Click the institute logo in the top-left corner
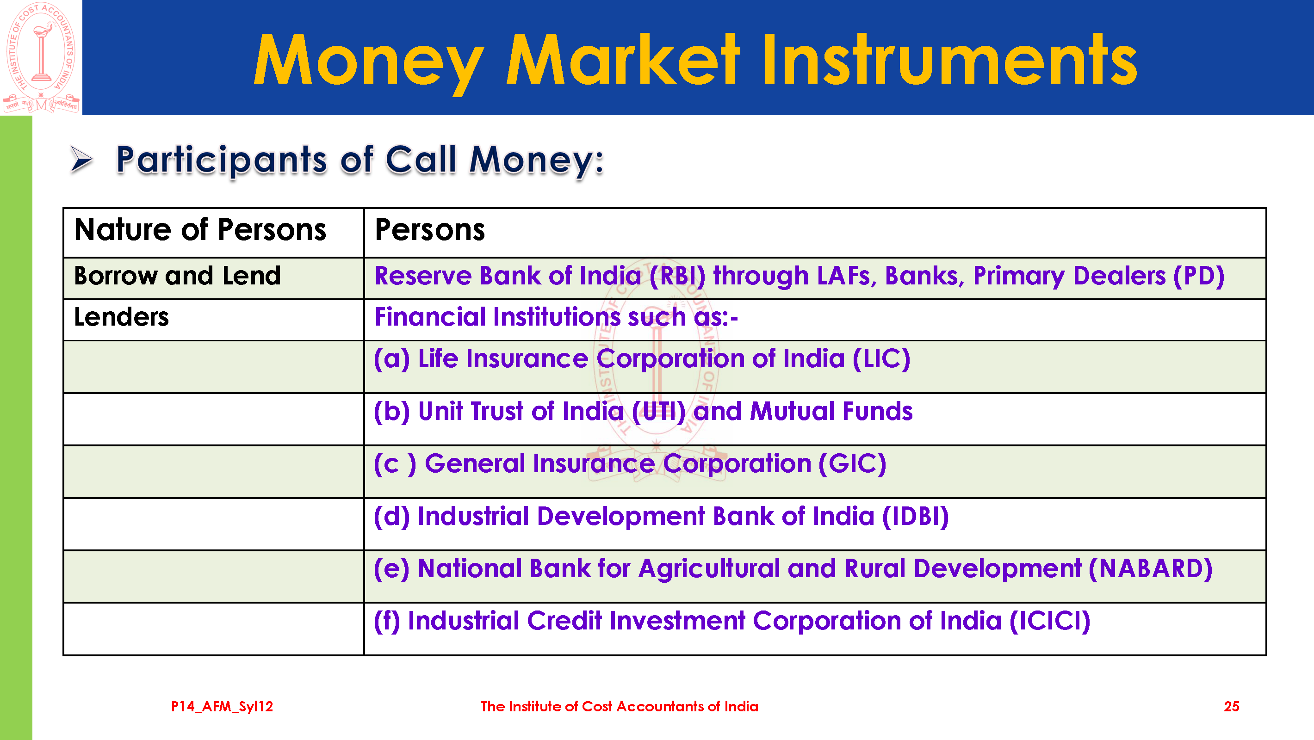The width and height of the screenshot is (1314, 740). pos(41,57)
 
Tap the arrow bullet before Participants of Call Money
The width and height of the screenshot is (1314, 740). pos(81,160)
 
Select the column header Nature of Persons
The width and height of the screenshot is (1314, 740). pos(200,229)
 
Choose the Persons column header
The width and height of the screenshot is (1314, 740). pos(430,229)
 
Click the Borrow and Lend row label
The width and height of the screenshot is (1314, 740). pos(178,276)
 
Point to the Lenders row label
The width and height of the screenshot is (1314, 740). pos(121,317)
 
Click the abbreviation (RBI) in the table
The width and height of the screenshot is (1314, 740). pos(677,277)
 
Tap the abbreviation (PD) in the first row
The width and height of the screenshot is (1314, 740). pos(1199,277)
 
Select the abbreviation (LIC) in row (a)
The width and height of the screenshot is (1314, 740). pos(881,358)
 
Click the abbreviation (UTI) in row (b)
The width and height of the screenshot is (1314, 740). pos(658,411)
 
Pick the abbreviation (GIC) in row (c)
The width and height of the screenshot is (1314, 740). pos(852,463)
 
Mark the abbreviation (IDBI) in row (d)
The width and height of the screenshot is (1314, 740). pos(916,516)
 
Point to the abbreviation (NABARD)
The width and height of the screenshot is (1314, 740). pos(1150,568)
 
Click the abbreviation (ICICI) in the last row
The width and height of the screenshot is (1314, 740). pos(1050,621)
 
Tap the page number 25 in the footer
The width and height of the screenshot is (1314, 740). pos(1231,706)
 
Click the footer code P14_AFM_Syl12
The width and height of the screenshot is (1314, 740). pos(222,706)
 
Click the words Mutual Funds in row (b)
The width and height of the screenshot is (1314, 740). pos(831,411)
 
